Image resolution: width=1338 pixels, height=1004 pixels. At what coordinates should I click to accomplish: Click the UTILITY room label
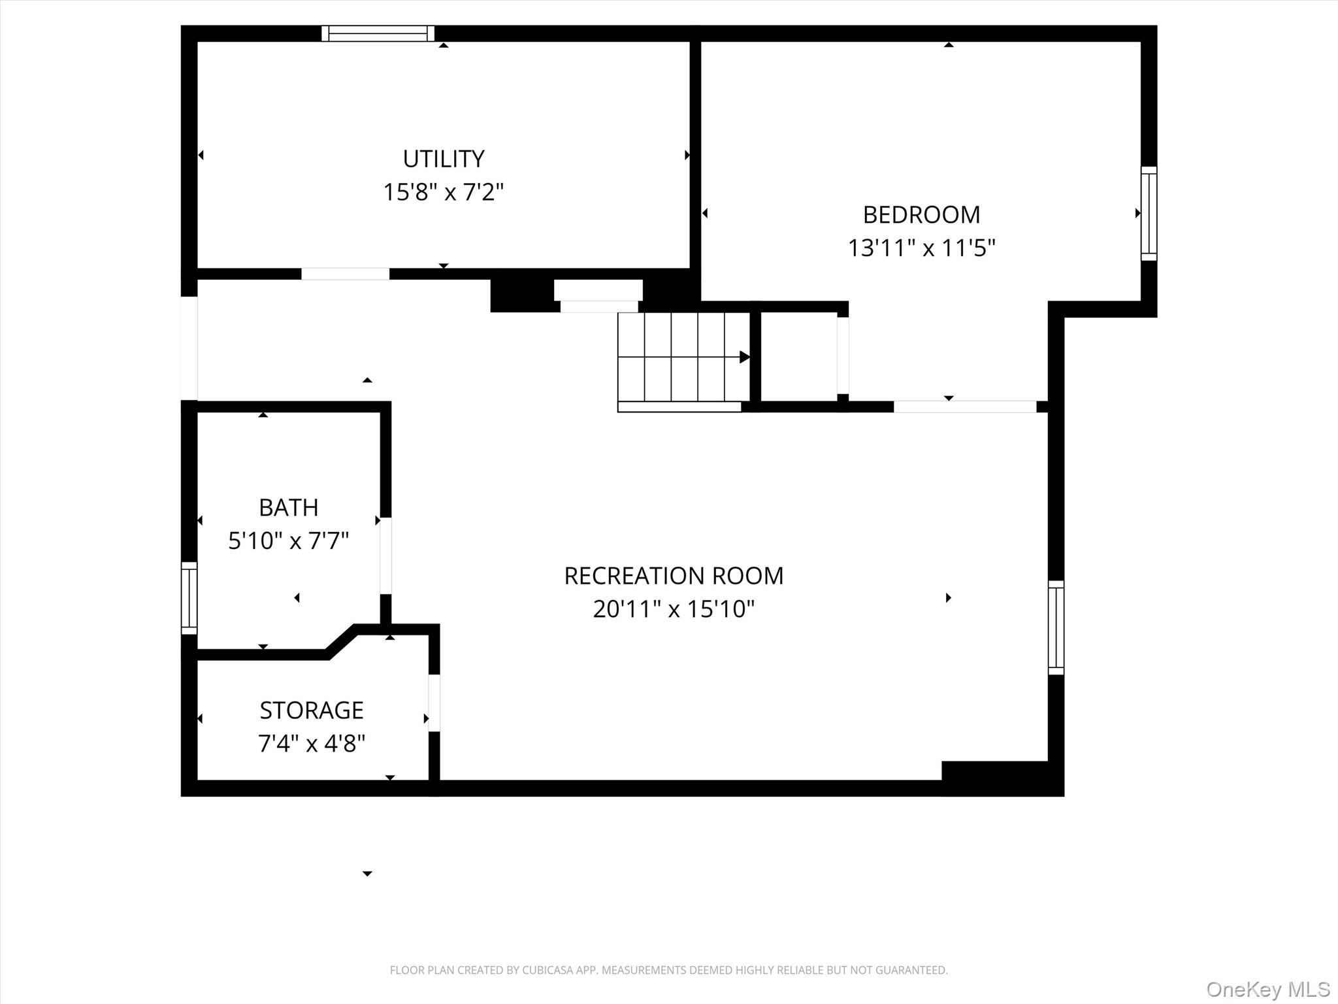click(443, 159)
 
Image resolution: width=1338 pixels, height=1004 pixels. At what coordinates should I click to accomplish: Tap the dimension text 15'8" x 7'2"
click(443, 192)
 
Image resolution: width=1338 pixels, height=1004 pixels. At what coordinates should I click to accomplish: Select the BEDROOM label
click(921, 214)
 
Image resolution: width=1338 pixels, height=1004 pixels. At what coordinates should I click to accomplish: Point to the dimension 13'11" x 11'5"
click(921, 248)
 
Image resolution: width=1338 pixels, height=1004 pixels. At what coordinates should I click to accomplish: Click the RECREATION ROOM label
click(674, 576)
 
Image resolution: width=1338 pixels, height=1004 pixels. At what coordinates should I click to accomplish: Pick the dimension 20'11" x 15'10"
click(674, 609)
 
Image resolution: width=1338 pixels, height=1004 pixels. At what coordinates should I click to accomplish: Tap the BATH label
click(288, 507)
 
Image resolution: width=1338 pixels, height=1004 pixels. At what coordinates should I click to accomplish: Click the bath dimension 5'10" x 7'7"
click(288, 541)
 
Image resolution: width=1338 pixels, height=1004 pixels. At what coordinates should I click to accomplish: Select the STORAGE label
click(312, 710)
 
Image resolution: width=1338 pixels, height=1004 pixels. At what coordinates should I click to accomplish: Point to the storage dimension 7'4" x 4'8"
click(312, 743)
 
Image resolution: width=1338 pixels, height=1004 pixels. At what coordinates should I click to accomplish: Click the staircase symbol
click(683, 358)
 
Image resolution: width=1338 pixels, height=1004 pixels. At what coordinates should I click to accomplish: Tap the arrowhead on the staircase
click(744, 357)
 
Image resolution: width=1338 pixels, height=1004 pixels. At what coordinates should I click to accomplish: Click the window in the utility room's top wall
click(378, 33)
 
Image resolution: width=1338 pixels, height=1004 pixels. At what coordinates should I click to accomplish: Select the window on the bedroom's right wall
click(1149, 214)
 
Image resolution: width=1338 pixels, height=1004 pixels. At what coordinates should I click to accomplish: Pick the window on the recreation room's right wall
click(1056, 627)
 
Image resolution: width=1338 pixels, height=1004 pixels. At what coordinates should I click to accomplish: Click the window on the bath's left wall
click(189, 598)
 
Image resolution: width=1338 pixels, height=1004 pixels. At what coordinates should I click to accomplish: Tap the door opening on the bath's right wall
click(385, 556)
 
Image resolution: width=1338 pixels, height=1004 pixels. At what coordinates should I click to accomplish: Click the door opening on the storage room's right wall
click(434, 703)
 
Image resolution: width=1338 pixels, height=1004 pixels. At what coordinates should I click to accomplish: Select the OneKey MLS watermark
click(1267, 989)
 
